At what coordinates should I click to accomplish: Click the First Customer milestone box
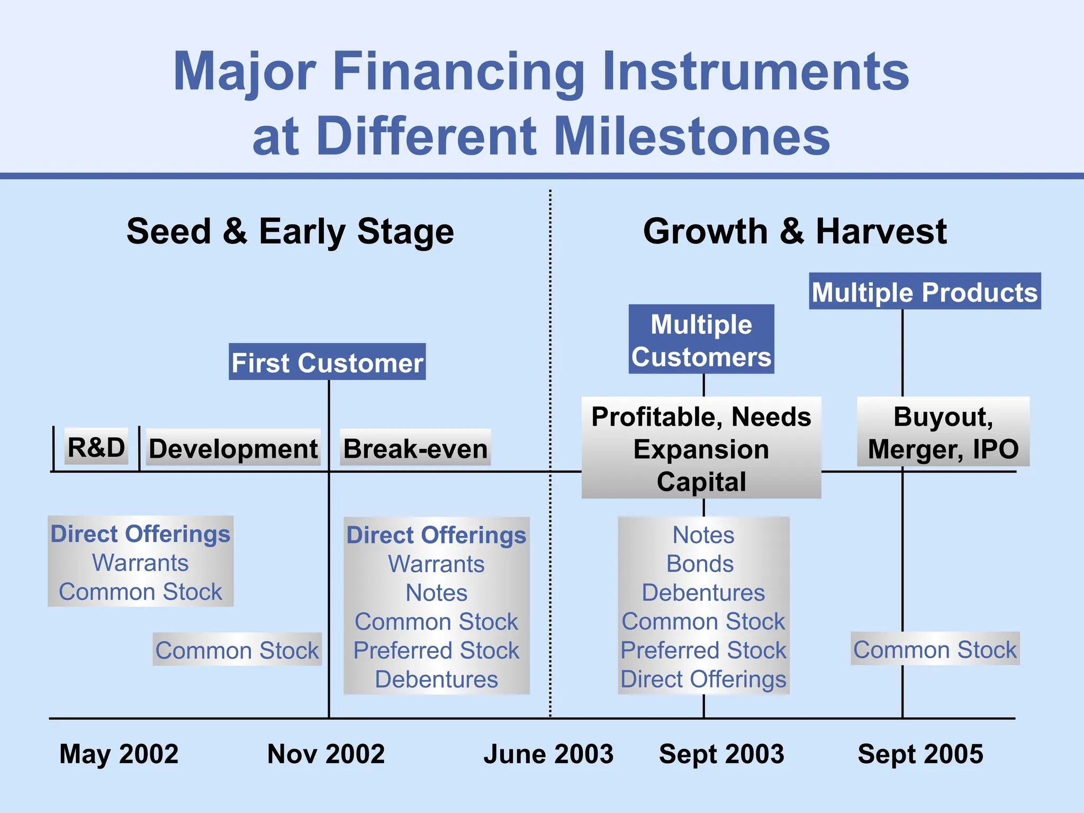coord(327,362)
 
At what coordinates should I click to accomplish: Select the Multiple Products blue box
coord(925,292)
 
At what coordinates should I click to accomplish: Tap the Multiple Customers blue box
coord(701,340)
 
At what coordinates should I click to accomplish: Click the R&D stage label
coord(96,447)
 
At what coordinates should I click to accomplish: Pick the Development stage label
coord(233,448)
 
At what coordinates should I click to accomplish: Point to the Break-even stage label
coord(415,448)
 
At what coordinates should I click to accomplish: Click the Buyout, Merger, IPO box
coord(943,432)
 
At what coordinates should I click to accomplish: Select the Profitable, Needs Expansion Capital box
coord(701,448)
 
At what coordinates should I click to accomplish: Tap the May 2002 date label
coord(119,753)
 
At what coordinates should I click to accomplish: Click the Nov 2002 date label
coord(326,753)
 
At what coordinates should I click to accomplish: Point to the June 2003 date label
coord(548,753)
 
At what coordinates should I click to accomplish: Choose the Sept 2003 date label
coord(721,753)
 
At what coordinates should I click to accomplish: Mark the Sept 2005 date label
coord(920,753)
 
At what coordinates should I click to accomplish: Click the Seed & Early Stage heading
coord(290,231)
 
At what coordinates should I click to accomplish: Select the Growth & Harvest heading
coord(794,231)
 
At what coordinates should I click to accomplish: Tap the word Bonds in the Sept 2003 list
coord(700,564)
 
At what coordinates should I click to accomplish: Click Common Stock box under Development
coord(237,649)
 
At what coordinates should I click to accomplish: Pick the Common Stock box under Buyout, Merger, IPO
coord(935,649)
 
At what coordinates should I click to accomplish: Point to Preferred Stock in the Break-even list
coord(436,650)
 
